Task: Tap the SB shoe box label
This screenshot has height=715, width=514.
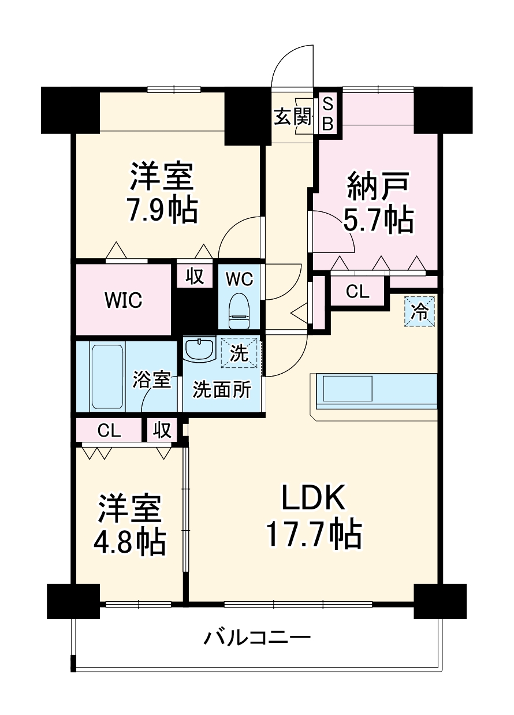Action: pos(327,113)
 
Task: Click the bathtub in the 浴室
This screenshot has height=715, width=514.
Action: pos(107,376)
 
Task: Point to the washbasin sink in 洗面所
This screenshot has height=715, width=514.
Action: pos(199,349)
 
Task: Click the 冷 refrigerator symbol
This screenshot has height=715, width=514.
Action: pos(419,312)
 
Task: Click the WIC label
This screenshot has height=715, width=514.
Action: pos(123,300)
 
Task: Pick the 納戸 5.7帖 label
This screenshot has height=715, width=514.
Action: pos(379,202)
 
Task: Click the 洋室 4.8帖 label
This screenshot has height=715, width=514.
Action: pos(129,524)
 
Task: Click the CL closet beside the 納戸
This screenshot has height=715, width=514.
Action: pos(357,291)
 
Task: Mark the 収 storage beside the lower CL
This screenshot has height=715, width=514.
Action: pos(162,430)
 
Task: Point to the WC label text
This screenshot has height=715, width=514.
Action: pos(239,279)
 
